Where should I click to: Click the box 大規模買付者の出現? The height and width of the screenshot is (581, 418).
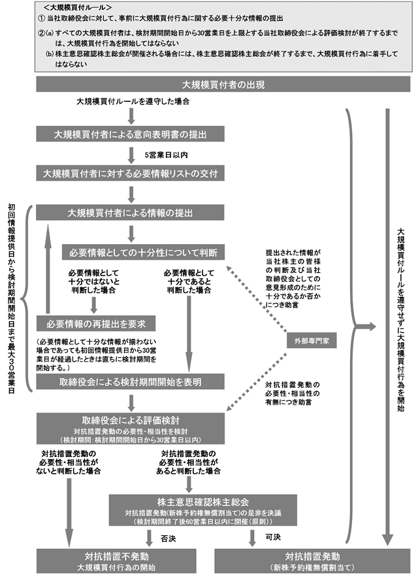click(x=223, y=85)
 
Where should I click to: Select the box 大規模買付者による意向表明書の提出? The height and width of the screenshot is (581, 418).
click(x=130, y=134)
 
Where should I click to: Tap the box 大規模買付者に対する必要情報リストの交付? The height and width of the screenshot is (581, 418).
click(x=130, y=174)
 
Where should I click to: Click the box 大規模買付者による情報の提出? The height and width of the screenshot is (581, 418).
click(x=130, y=213)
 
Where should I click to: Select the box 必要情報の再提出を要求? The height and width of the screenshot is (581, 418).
click(x=95, y=322)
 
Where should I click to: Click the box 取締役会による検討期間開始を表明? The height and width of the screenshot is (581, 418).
click(x=130, y=381)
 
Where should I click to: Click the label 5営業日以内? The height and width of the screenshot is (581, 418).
click(x=166, y=155)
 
